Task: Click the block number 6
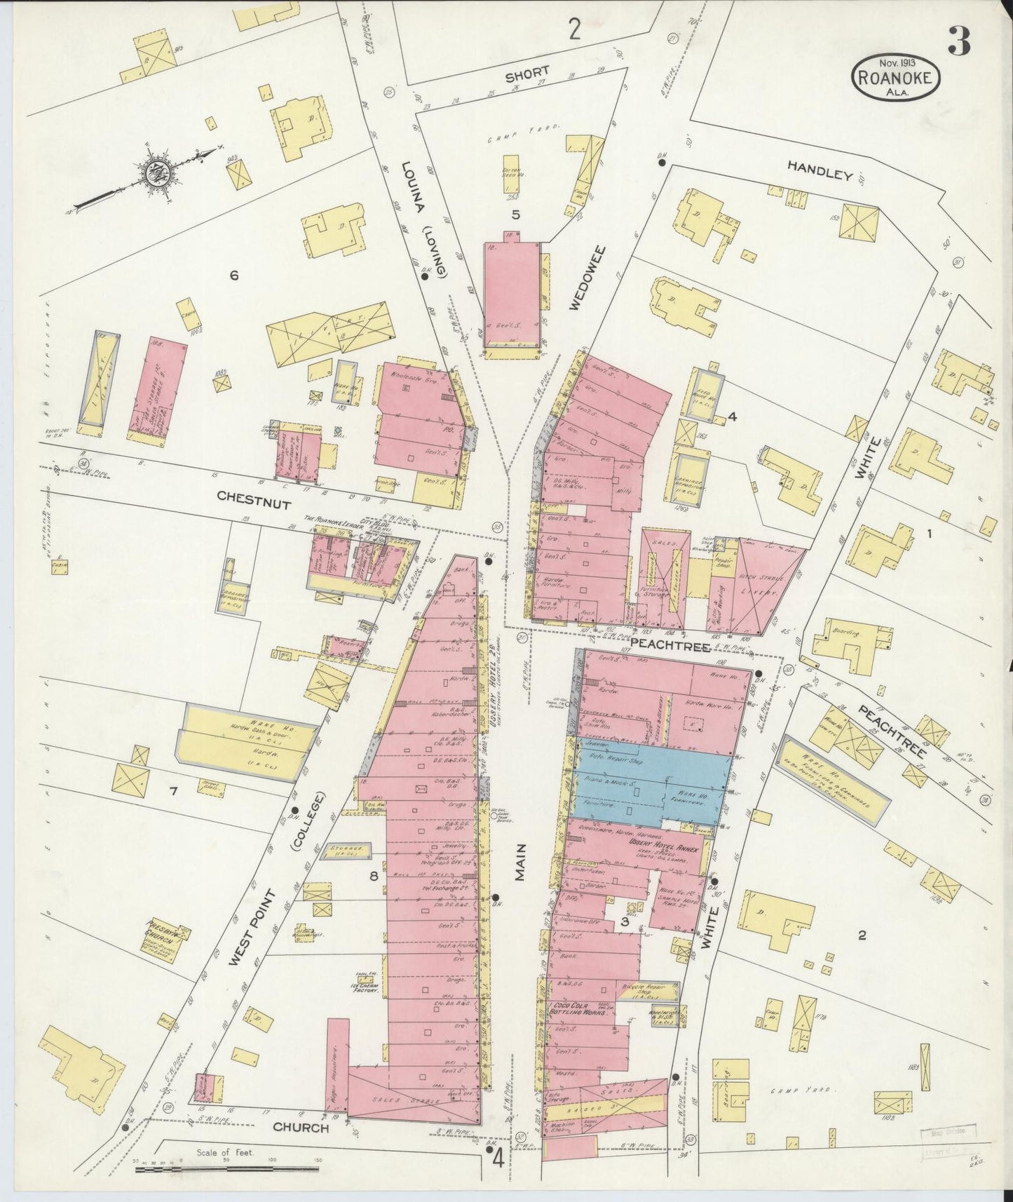pyautogui.click(x=234, y=276)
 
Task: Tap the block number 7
pyautogui.click(x=172, y=792)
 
